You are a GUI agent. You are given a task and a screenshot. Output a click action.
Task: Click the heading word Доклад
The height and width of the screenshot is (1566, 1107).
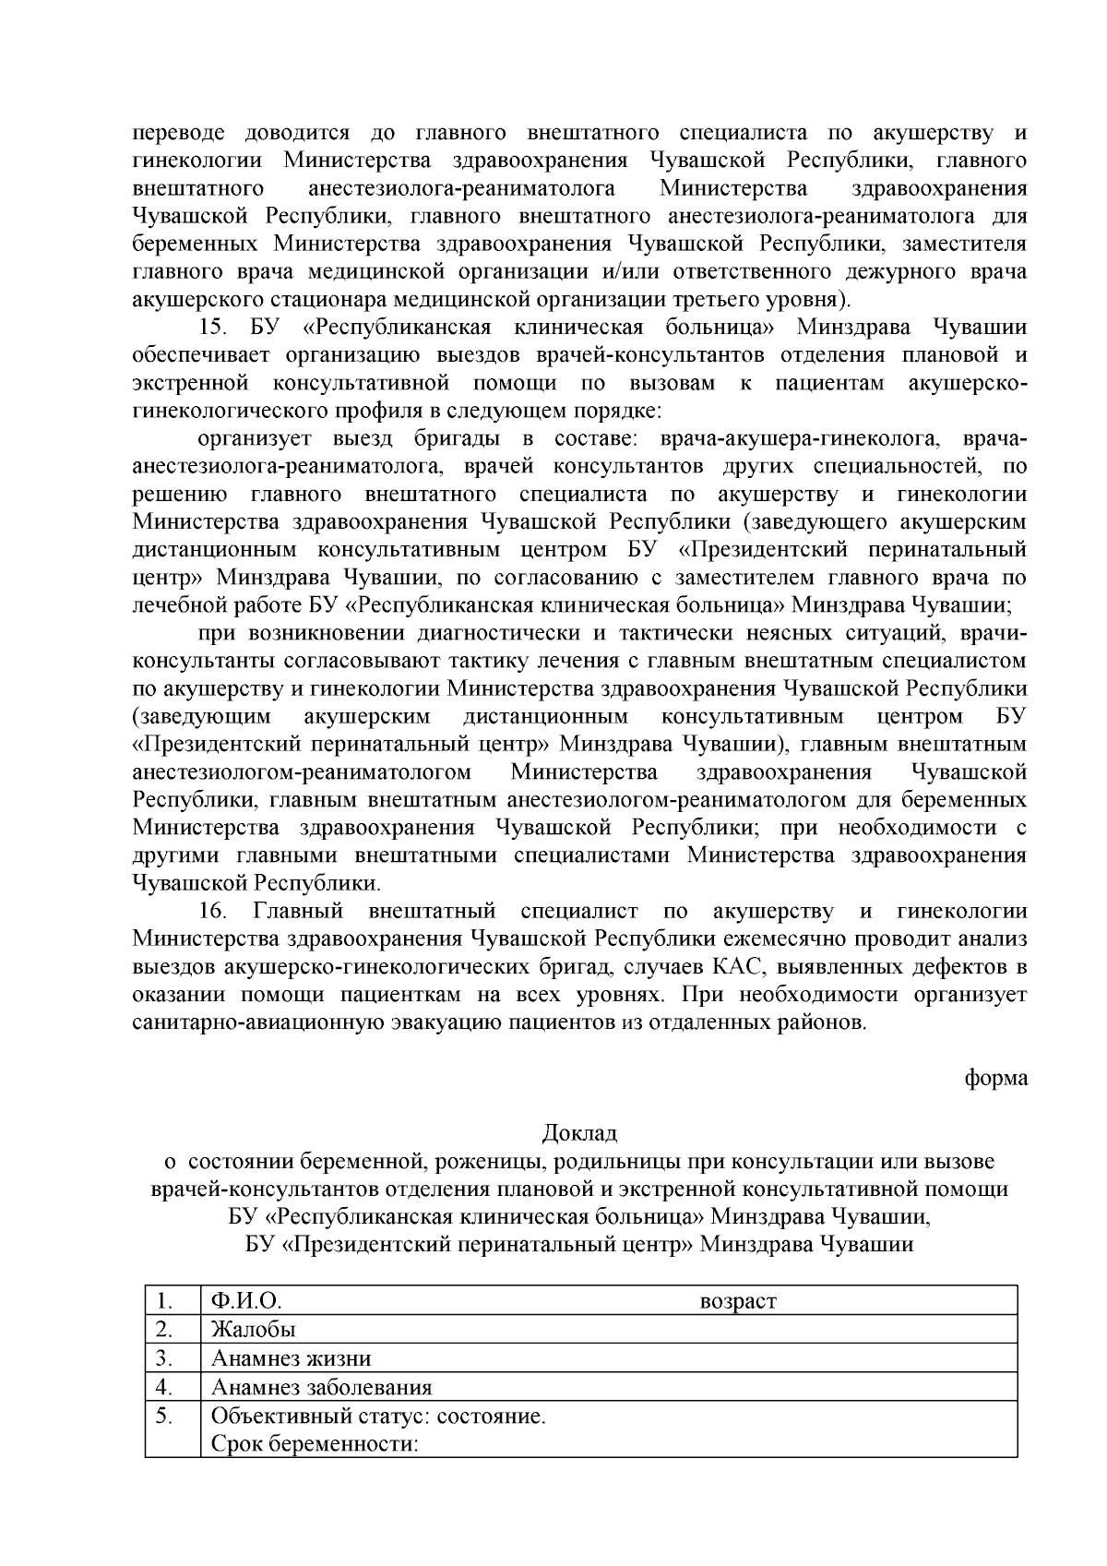[x=578, y=1132]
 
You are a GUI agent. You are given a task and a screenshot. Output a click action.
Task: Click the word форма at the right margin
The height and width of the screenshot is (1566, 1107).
[x=995, y=1077]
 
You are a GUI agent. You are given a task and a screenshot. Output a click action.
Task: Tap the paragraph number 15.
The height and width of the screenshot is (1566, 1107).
[x=213, y=328]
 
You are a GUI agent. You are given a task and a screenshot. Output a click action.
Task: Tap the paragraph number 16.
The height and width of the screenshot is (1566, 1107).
[x=213, y=911]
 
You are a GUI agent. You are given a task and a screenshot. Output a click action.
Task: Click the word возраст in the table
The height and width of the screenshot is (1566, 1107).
[x=738, y=1302]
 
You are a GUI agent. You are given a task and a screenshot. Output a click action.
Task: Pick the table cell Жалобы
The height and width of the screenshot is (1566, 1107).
[x=254, y=1330]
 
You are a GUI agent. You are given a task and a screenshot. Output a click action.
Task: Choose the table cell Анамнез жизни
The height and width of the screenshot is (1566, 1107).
[x=291, y=1358]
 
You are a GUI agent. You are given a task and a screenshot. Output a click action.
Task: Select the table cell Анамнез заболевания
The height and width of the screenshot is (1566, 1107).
[x=321, y=1388]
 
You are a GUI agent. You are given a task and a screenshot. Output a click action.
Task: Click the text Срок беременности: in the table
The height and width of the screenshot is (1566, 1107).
[x=315, y=1444]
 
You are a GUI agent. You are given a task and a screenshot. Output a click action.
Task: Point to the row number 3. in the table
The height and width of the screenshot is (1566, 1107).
[x=165, y=1358]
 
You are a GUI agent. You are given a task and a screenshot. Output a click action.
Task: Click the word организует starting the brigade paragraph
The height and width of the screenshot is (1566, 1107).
[x=250, y=438]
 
